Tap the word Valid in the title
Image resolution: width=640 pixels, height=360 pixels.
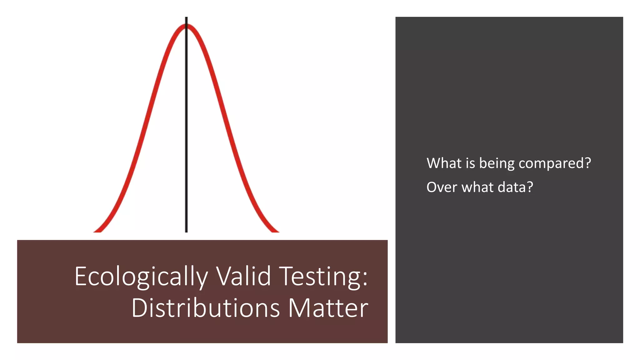244,276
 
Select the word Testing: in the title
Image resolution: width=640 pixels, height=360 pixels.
323,277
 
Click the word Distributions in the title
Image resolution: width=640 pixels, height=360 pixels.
205,308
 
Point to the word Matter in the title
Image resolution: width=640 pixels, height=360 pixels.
328,308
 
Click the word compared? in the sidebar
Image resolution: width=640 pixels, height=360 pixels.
554,163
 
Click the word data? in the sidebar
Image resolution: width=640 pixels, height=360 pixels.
515,187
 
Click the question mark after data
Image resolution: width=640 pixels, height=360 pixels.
530,187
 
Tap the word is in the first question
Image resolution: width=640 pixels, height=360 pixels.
470,163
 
